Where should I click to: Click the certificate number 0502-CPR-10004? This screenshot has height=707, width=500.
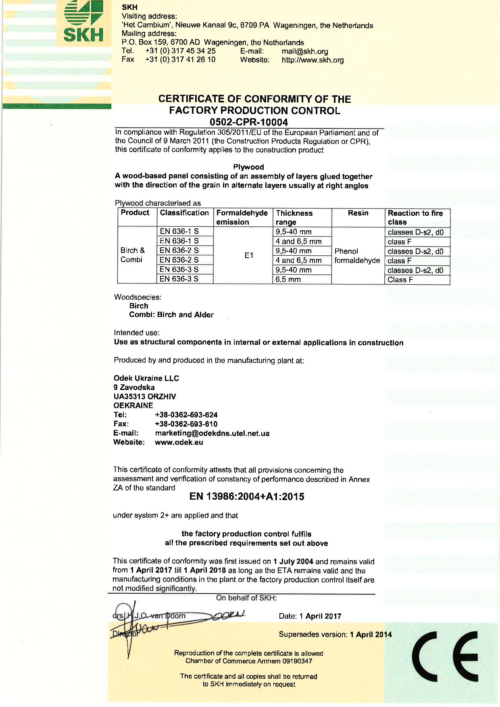point(249,122)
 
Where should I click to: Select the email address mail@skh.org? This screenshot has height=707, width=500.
point(305,51)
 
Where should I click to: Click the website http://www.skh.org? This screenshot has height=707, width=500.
point(312,60)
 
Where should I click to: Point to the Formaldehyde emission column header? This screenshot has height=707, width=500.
point(242,217)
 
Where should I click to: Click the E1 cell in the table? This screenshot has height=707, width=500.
point(249,255)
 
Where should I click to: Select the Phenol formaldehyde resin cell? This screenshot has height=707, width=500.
point(357,256)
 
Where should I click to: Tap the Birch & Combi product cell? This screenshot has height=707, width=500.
point(133,255)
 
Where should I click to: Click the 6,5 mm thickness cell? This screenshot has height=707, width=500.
point(288,279)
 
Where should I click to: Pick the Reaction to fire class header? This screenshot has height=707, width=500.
point(415,217)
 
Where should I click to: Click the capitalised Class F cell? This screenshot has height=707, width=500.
point(400,279)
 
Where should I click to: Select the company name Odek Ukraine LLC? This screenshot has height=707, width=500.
point(146,378)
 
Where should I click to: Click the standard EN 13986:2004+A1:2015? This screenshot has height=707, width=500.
point(247,496)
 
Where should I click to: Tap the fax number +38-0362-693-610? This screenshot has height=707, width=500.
point(186,424)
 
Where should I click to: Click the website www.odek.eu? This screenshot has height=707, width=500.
point(179,442)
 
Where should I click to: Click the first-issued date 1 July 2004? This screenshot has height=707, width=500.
point(293,561)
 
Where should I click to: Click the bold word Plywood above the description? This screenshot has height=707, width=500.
point(248,167)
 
